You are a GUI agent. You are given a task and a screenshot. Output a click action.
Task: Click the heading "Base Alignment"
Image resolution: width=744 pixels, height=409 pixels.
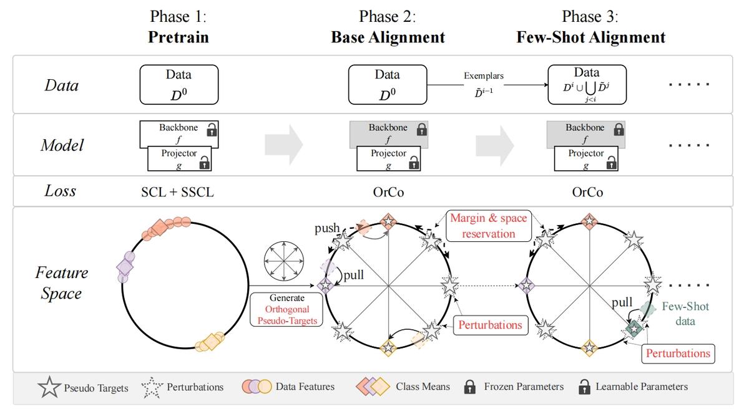coord(388,37)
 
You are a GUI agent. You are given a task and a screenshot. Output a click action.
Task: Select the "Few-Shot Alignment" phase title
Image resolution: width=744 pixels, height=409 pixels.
coord(590,37)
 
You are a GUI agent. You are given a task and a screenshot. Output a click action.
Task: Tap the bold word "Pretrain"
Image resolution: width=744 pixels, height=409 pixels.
coord(179,37)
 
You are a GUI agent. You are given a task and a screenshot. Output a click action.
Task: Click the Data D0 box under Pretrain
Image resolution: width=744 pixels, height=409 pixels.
coord(179,84)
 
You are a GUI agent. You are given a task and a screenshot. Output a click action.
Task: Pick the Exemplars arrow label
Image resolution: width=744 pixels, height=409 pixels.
coord(483,76)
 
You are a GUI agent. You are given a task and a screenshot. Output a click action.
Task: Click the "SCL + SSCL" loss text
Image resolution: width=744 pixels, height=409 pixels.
coord(177,192)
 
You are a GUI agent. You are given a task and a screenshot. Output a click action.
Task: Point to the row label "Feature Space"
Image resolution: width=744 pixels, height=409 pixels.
coord(62,283)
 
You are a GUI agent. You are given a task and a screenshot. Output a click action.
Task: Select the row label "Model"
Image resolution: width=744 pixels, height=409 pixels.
coord(62,145)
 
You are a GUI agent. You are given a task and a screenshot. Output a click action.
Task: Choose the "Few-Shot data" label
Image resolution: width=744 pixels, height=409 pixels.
coord(685,314)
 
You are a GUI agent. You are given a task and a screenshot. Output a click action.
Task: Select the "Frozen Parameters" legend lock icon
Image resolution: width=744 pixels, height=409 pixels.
coord(470,387)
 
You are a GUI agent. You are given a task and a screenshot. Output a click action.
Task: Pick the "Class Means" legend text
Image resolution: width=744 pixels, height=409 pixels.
coord(423,387)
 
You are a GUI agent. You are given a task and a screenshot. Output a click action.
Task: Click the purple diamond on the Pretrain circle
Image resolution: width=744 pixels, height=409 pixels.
coord(125,267)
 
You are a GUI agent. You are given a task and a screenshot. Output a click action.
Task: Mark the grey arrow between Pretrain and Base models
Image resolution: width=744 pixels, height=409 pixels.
coord(284,145)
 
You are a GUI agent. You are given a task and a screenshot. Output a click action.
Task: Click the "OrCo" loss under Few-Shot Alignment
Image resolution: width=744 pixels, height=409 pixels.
coord(587,192)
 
